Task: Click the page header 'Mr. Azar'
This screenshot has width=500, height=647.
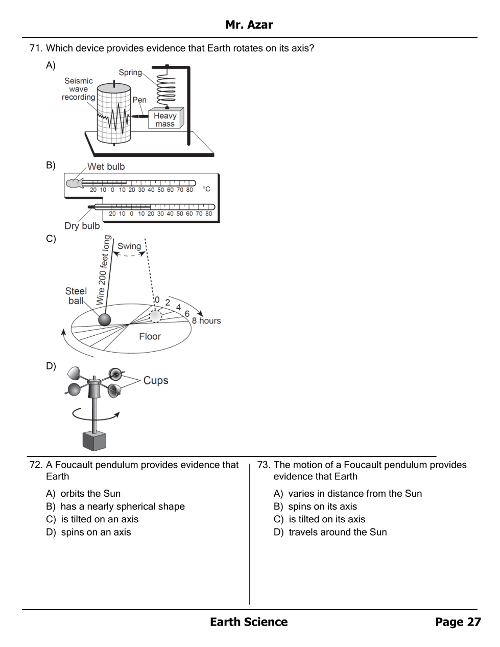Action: [x=249, y=25]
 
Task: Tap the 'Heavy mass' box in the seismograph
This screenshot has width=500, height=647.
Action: [x=165, y=119]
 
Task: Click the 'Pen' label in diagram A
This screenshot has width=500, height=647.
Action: [x=139, y=100]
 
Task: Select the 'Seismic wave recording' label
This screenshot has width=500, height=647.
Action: [x=79, y=89]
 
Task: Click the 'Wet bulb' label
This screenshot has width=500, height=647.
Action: [x=106, y=167]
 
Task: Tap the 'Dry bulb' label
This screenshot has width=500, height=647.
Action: [x=82, y=226]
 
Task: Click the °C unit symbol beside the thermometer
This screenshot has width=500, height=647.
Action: [x=206, y=189]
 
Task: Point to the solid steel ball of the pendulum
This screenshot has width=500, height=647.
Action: [x=104, y=320]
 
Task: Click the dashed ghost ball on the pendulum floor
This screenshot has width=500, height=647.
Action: [x=155, y=316]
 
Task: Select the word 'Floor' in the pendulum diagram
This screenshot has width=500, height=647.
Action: [x=150, y=336]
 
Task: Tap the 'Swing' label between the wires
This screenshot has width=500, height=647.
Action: [x=129, y=246]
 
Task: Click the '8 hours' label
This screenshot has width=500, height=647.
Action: [x=206, y=320]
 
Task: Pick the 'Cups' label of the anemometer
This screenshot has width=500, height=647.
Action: [x=156, y=380]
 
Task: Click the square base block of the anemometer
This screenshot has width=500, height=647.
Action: [x=94, y=442]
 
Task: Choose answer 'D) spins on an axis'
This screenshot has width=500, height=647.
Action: [x=88, y=532]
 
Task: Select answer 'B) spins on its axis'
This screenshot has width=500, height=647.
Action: [x=315, y=506]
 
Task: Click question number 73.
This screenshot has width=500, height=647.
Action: [x=264, y=465]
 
